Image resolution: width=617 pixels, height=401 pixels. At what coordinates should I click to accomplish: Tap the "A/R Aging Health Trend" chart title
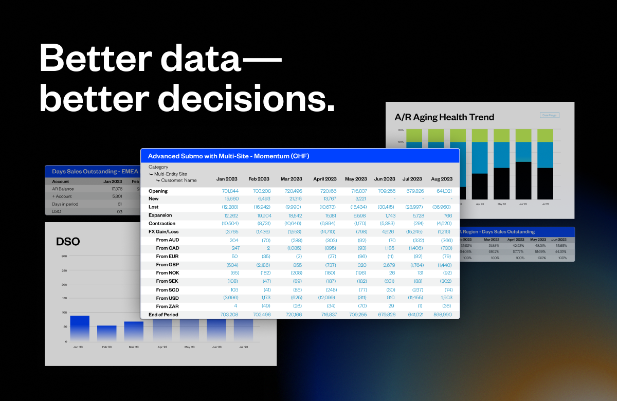pyautogui.click(x=444, y=117)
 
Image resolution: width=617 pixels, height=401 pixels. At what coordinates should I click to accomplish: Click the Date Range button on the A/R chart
pyautogui.click(x=549, y=116)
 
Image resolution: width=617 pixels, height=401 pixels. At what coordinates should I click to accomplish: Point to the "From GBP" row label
pyautogui.click(x=168, y=264)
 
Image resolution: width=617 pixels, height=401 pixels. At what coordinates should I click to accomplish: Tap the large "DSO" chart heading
pyautogui.click(x=68, y=241)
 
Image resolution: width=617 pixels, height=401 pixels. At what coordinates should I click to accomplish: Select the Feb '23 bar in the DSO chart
pyautogui.click(x=107, y=333)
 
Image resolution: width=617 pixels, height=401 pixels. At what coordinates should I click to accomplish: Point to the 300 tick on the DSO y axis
pyautogui.click(x=64, y=257)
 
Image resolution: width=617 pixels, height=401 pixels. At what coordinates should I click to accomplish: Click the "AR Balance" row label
pyautogui.click(x=63, y=189)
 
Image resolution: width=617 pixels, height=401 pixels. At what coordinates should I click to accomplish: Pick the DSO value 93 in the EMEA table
pyautogui.click(x=119, y=212)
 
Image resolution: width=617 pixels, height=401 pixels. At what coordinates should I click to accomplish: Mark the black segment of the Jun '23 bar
pyautogui.click(x=523, y=180)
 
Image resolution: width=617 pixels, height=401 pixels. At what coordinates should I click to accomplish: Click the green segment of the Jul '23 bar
pyautogui.click(x=545, y=135)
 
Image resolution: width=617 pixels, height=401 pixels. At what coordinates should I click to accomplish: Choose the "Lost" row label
pyautogui.click(x=154, y=207)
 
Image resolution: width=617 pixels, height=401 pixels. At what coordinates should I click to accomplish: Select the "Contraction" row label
pyautogui.click(x=162, y=224)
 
